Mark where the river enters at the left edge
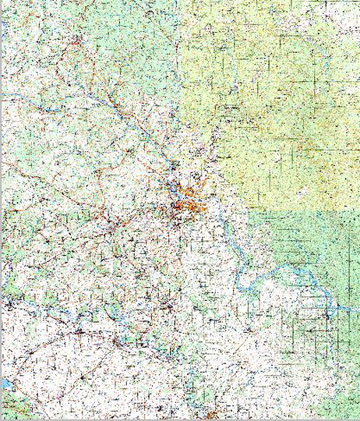4,95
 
